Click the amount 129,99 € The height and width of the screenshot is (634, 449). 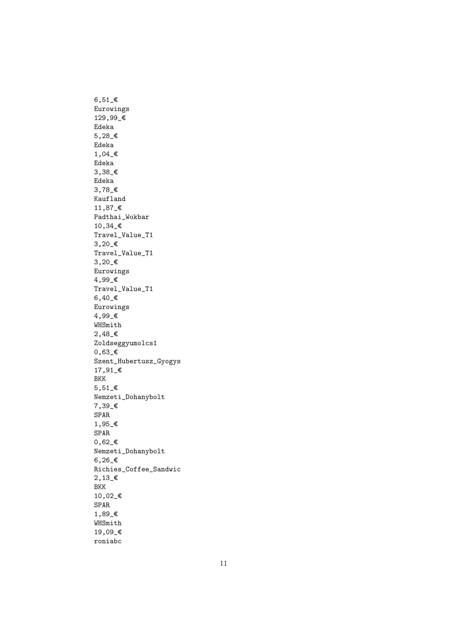[x=110, y=118]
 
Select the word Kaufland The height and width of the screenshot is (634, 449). [x=110, y=199]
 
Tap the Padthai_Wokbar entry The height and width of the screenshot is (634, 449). [x=122, y=217]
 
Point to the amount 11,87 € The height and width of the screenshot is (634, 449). [x=108, y=208]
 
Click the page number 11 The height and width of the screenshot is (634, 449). [x=224, y=563]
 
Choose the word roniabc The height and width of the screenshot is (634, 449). [x=108, y=541]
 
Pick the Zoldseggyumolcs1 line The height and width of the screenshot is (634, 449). [x=125, y=343]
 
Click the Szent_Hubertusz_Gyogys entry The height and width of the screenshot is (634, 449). [x=137, y=361]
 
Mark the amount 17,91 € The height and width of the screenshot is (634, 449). [x=108, y=370]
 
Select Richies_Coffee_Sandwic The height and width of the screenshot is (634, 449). [x=137, y=469]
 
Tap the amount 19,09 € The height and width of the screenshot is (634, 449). [x=108, y=532]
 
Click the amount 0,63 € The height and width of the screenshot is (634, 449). [x=106, y=352]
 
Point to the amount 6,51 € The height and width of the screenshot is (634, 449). [x=106, y=100]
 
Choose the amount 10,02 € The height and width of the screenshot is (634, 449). [x=108, y=496]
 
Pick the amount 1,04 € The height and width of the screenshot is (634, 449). [x=106, y=154]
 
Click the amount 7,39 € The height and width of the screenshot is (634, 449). [x=106, y=406]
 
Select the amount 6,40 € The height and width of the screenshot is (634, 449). [x=106, y=298]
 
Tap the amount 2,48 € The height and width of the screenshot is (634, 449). [x=106, y=334]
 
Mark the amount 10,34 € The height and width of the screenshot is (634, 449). [x=108, y=226]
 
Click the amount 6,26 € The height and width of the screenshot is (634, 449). [x=106, y=460]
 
